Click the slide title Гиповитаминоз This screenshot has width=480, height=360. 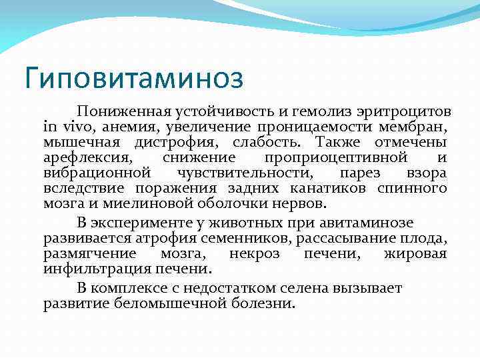133,78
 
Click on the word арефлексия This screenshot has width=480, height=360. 88,158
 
